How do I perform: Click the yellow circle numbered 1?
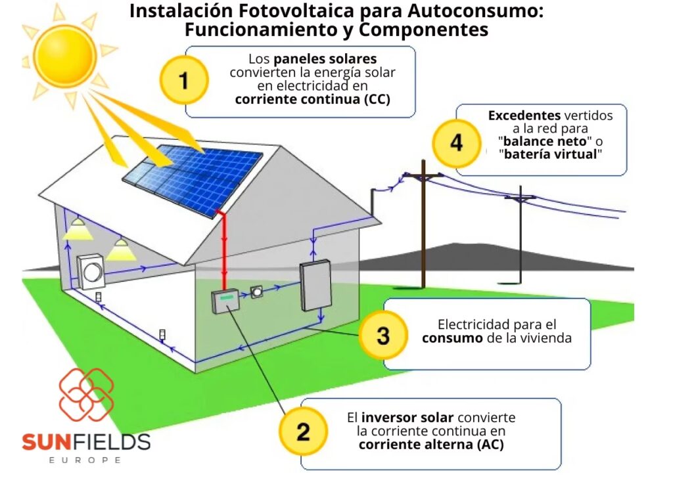click(184, 81)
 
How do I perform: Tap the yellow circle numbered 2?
click(303, 431)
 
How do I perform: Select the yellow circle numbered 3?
click(383, 336)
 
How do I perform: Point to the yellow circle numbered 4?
click(456, 143)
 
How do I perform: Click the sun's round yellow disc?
click(64, 55)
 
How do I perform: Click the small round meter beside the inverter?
click(258, 292)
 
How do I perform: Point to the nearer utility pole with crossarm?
click(423, 210)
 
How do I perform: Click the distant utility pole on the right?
click(521, 230)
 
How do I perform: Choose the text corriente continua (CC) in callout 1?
click(312, 100)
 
